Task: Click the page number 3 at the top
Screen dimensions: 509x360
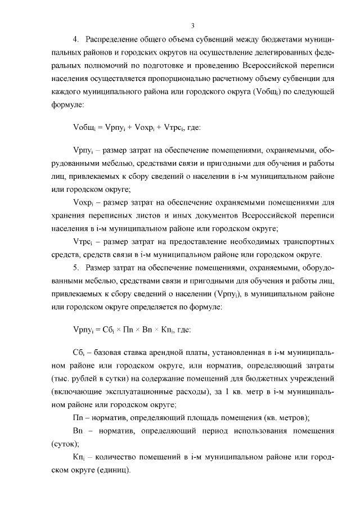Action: click(x=192, y=25)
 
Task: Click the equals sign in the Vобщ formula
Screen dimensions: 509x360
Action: click(x=98, y=127)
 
